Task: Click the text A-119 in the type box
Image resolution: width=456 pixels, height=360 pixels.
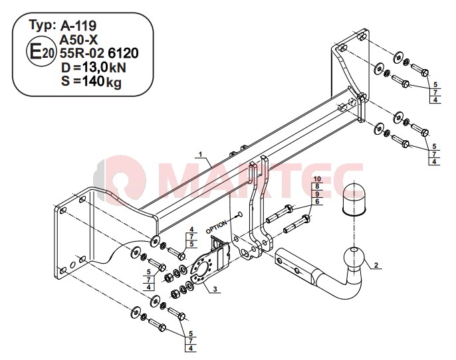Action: click(78, 26)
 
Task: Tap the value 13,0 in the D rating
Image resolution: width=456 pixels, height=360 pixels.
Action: click(94, 67)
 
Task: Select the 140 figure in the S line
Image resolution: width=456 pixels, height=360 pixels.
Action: click(92, 81)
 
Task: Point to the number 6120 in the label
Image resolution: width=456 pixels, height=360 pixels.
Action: click(123, 53)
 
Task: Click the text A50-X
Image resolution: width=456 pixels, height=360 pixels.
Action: click(78, 39)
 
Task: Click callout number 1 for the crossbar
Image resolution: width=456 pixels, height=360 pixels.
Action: click(200, 154)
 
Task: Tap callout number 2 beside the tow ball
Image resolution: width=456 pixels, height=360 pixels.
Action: click(376, 265)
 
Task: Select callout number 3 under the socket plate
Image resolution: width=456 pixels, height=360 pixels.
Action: click(215, 289)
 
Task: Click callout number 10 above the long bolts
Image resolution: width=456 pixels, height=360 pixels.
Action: click(317, 179)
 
